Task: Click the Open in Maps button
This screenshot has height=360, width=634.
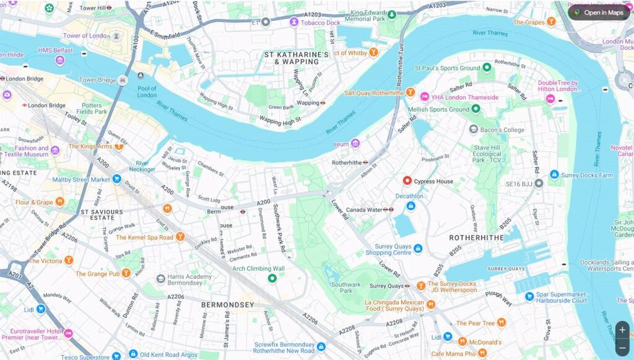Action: click(599, 12)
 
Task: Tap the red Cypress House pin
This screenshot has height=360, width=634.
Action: click(407, 181)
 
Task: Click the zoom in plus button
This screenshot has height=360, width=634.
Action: click(622, 330)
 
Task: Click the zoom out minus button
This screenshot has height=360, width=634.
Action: click(622, 348)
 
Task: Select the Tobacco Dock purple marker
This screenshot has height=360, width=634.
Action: click(294, 22)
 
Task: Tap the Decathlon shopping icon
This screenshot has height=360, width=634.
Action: click(410, 206)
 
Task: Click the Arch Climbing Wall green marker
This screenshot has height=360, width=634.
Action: click(271, 278)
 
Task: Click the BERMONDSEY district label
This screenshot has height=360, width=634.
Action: click(227, 305)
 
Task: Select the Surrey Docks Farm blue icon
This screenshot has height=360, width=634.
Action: click(554, 175)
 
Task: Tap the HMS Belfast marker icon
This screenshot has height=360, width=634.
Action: click(59, 60)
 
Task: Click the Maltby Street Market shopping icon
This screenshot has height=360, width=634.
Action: click(116, 179)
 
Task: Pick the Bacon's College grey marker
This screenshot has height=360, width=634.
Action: click(474, 130)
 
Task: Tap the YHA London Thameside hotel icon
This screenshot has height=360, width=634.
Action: click(425, 97)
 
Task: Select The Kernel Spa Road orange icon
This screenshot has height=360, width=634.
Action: click(180, 237)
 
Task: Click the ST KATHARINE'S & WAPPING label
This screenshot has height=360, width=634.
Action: click(296, 58)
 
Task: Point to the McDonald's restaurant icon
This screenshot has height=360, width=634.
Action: click(462, 342)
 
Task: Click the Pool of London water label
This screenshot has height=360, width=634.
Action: click(147, 92)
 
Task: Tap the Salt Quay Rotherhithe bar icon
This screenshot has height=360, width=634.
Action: click(409, 92)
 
